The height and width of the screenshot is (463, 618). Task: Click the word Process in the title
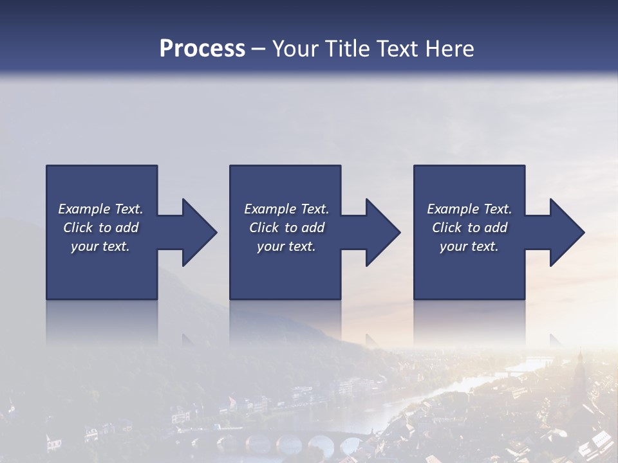coord(202,49)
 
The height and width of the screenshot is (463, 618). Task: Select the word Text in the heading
coord(397,49)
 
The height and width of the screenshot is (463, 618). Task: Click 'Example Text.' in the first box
coord(100,209)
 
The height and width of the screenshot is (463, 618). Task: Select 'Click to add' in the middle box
coord(286,228)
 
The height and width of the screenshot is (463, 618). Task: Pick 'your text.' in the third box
coord(469,246)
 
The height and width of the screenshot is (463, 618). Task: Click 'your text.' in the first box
coord(100,246)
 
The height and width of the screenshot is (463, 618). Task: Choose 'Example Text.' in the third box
coord(469,209)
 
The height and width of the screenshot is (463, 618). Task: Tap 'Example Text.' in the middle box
coord(286,209)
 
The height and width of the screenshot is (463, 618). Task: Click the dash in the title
coord(259,49)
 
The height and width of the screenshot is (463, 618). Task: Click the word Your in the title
coord(294,49)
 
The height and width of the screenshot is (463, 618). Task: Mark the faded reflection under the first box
coord(102,322)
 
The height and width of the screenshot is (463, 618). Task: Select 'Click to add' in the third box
coord(469,228)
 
